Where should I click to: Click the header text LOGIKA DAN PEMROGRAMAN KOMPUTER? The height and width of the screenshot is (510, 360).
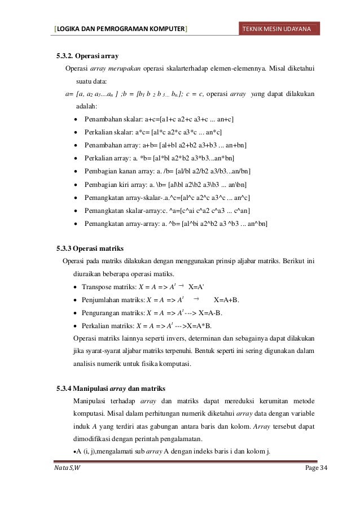click(x=120, y=29)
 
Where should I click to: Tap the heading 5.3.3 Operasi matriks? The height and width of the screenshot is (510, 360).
click(x=90, y=248)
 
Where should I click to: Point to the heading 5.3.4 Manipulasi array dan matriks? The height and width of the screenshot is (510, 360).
click(x=110, y=388)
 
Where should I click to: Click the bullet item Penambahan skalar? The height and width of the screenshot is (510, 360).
click(x=159, y=120)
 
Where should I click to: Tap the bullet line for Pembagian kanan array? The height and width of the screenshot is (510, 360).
click(x=168, y=172)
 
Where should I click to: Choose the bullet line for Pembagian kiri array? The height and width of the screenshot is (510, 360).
click(x=165, y=185)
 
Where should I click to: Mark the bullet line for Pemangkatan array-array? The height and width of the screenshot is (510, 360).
click(x=175, y=224)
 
